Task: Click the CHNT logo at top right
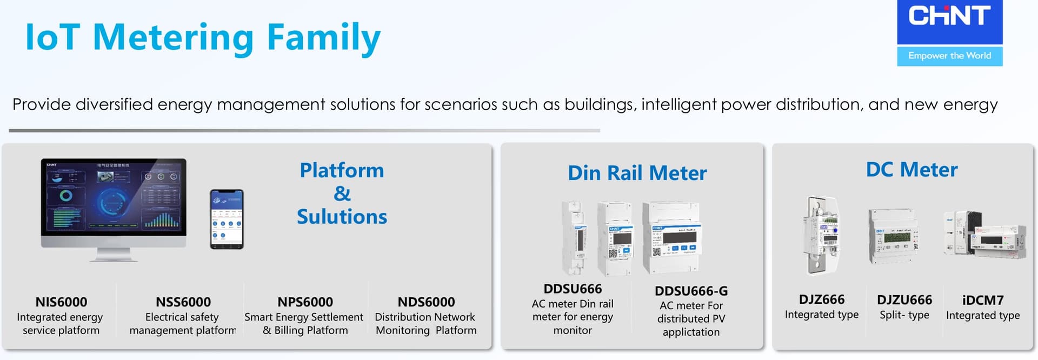[949, 16]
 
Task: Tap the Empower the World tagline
[949, 56]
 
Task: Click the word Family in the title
[323, 38]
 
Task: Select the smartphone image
[227, 219]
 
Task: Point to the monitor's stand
[114, 254]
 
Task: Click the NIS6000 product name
[61, 302]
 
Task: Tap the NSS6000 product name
[183, 302]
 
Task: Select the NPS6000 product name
[305, 302]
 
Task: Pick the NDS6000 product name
[426, 302]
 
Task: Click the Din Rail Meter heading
[637, 173]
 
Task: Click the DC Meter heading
[911, 170]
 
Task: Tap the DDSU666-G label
[691, 291]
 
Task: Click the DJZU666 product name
[904, 300]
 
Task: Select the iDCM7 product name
[983, 300]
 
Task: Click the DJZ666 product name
[822, 299]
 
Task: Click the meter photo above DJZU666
[893, 236]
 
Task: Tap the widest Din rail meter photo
[671, 237]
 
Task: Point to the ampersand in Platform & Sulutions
[342, 194]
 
